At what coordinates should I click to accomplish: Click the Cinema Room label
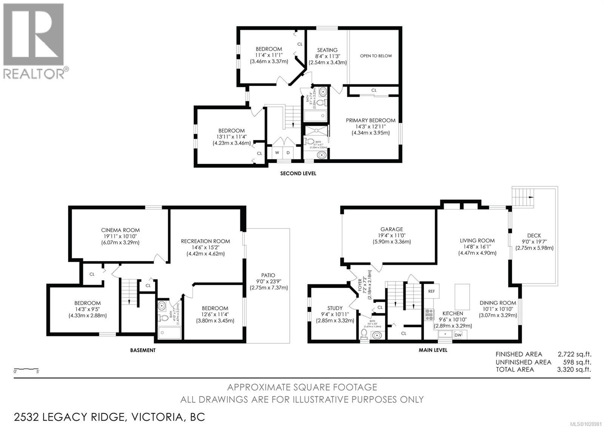click(120, 230)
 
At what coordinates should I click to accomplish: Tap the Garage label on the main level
click(391, 229)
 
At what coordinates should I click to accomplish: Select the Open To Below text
click(376, 56)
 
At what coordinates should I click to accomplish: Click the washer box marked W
click(277, 153)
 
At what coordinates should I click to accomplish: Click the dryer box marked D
click(288, 153)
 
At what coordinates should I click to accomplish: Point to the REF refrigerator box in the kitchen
click(431, 291)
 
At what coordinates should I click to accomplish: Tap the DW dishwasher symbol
click(458, 335)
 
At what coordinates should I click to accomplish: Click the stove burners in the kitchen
click(430, 314)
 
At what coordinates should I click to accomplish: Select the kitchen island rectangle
click(462, 297)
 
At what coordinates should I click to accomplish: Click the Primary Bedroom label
click(370, 120)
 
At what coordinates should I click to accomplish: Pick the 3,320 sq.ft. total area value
click(574, 370)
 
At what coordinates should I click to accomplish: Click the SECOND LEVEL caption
click(298, 173)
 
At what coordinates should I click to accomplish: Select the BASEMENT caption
click(143, 350)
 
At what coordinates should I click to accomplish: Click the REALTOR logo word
click(34, 74)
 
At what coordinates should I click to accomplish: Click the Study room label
click(335, 308)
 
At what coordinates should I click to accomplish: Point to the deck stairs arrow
click(531, 197)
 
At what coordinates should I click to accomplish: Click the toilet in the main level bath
click(364, 333)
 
